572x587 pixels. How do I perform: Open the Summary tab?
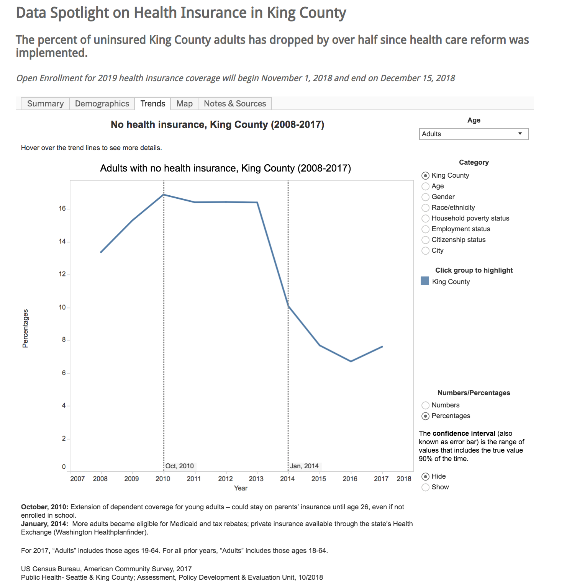(45, 104)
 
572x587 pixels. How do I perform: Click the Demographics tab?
(102, 104)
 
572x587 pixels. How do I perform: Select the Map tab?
(184, 104)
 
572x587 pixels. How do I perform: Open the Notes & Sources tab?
(234, 104)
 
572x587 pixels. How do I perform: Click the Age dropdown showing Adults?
(474, 134)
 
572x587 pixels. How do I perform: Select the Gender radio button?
(425, 197)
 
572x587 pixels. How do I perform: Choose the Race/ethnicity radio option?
(425, 208)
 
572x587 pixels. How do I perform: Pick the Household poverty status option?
(425, 219)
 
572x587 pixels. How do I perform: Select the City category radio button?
(425, 251)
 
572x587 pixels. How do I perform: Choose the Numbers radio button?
(425, 406)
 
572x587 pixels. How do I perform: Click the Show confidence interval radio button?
(425, 487)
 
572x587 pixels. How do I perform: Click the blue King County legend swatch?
(425, 281)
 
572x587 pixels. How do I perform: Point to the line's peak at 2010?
(164, 195)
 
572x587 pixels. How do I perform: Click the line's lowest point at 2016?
(351, 361)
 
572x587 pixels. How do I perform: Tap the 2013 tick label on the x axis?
(256, 479)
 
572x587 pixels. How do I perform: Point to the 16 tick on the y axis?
(62, 209)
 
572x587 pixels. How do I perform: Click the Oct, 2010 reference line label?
(180, 466)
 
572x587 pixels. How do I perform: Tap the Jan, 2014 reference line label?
(304, 466)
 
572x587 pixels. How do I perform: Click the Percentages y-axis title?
(25, 328)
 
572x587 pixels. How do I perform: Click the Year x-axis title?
(241, 488)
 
